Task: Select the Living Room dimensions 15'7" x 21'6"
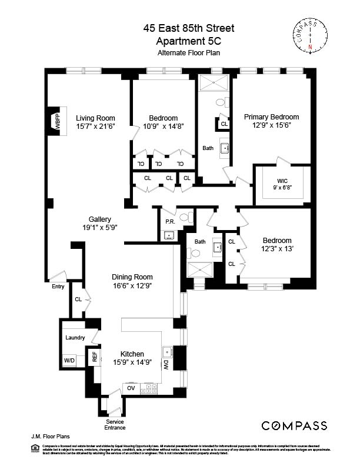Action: click(x=95, y=126)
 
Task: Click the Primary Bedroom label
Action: click(x=271, y=117)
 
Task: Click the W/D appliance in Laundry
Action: click(x=69, y=361)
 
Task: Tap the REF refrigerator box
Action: click(x=94, y=357)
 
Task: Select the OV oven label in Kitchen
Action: click(x=131, y=388)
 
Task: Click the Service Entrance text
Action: click(x=115, y=424)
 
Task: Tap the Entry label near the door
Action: click(x=58, y=287)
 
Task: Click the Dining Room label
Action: click(x=132, y=277)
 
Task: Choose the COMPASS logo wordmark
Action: click(x=294, y=425)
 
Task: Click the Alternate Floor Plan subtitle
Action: click(x=179, y=53)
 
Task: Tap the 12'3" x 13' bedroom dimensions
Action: click(x=276, y=249)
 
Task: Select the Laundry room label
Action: click(x=75, y=338)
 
